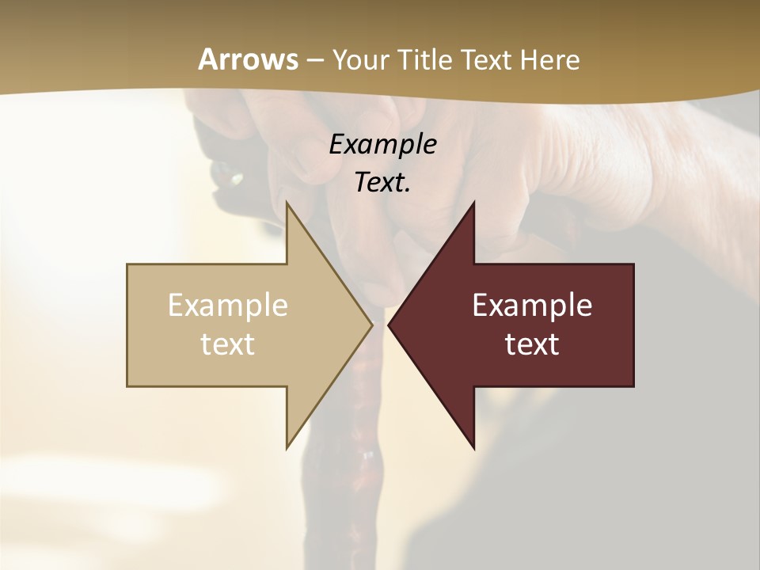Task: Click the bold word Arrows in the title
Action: pos(248,59)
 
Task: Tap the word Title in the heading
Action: pos(425,60)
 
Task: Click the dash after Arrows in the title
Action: pos(314,61)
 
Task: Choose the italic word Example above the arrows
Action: pos(382,144)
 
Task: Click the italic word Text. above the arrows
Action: pos(382,182)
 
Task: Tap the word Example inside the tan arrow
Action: pos(228,305)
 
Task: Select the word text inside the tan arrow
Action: pos(228,344)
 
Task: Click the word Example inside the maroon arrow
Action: pos(532,305)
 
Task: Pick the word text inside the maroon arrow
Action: pos(532,344)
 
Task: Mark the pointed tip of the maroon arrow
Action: pos(389,325)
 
